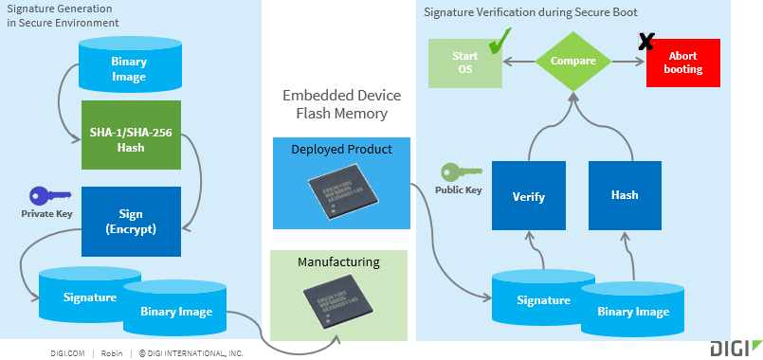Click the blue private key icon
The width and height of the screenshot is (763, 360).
coord(49,195)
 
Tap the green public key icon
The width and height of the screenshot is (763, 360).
coord(461,171)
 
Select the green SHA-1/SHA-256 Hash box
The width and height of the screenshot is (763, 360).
coord(132,135)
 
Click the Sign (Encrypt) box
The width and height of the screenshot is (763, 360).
coord(132,222)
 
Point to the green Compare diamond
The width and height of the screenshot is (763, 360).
coord(573,62)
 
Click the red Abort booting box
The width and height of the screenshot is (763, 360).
coord(683,63)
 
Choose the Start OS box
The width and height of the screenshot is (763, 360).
coord(465,63)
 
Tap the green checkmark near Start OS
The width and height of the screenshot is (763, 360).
coord(500,41)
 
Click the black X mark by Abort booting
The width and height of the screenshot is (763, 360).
coord(646,42)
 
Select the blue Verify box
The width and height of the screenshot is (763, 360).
coord(529,195)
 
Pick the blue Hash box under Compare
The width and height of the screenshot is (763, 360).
coord(625,195)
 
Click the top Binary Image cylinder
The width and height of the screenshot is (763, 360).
coord(130,65)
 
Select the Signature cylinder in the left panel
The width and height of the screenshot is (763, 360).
coord(90,295)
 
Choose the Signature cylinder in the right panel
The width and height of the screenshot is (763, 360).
coord(543,297)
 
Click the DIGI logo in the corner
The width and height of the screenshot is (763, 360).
coord(735,348)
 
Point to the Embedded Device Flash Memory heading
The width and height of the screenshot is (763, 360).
coord(341,104)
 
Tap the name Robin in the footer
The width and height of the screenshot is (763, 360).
coord(112,353)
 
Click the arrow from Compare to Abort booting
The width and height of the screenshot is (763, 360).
coord(629,62)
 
